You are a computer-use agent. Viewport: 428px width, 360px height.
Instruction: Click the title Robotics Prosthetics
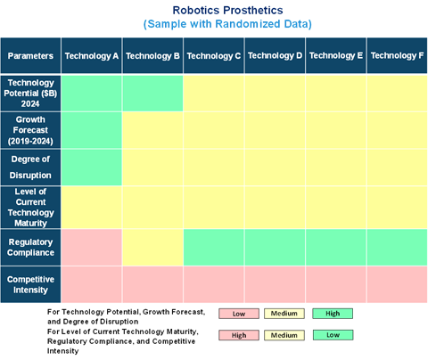point(227,10)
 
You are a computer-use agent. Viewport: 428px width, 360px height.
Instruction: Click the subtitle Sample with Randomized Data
point(227,24)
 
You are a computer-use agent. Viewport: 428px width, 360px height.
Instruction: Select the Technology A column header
point(92,55)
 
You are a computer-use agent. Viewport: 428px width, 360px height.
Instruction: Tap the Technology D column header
point(275,55)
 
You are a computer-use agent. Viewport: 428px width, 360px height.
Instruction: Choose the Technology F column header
point(397,55)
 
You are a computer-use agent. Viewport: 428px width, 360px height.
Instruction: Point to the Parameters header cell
point(30,55)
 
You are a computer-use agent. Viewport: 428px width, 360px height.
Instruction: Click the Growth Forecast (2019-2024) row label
point(30,130)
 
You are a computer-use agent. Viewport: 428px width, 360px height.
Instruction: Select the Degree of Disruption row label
point(30,168)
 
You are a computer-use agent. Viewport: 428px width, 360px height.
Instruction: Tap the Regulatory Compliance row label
point(30,247)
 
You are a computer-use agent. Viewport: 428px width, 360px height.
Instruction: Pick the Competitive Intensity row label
point(30,284)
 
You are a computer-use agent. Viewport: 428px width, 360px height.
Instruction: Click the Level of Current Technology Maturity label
point(30,207)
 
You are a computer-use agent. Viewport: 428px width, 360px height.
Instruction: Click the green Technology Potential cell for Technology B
point(152,94)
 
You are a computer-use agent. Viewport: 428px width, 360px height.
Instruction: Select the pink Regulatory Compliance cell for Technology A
point(92,247)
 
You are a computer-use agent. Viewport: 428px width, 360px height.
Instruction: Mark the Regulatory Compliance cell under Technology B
point(152,247)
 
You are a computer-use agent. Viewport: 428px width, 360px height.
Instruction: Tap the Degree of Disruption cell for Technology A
point(92,168)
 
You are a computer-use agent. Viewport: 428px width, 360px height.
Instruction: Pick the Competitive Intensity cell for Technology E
point(336,284)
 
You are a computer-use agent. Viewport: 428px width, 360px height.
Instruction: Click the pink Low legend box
point(239,314)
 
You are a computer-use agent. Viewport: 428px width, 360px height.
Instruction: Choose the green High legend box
point(333,314)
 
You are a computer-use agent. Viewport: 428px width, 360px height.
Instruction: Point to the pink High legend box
point(239,335)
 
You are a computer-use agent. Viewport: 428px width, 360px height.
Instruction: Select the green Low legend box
point(333,335)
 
